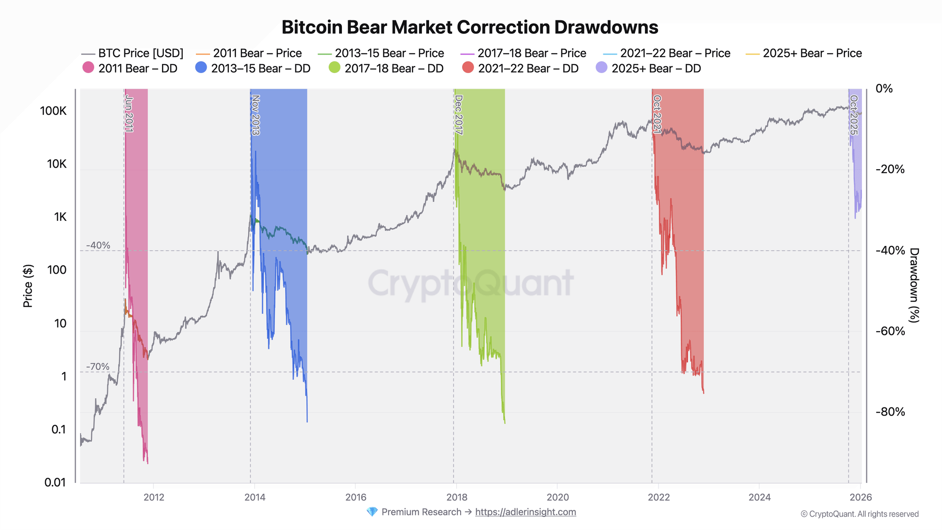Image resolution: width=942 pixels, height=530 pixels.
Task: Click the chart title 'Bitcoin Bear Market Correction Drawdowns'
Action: [470, 27]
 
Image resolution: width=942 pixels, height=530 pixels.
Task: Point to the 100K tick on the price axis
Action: [53, 111]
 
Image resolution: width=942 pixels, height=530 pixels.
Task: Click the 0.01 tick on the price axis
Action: [55, 482]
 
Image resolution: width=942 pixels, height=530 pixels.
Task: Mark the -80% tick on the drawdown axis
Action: [890, 412]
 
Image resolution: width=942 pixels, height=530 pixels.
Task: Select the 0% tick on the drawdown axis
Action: [884, 89]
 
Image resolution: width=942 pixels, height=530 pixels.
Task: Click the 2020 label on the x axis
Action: [558, 497]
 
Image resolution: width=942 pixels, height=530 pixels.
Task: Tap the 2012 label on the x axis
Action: [154, 497]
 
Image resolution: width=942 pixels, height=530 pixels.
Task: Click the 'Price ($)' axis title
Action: [28, 286]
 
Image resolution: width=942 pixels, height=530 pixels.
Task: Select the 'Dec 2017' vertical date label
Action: [459, 115]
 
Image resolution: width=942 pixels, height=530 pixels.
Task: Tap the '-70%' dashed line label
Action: [98, 367]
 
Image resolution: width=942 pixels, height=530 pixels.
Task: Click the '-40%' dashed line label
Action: [98, 245]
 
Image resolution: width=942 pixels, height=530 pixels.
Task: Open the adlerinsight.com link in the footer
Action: [525, 512]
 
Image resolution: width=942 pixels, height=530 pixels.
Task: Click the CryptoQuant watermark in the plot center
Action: [470, 284]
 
